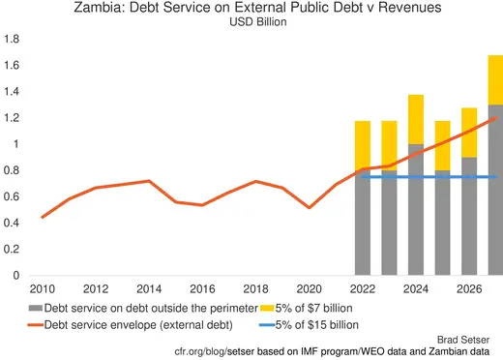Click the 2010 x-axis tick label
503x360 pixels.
[x=42, y=288]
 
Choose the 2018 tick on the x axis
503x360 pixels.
[x=254, y=288]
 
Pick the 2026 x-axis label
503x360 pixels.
[x=467, y=288]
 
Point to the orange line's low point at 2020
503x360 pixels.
[x=309, y=207]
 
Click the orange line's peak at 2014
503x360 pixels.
[x=148, y=181]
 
